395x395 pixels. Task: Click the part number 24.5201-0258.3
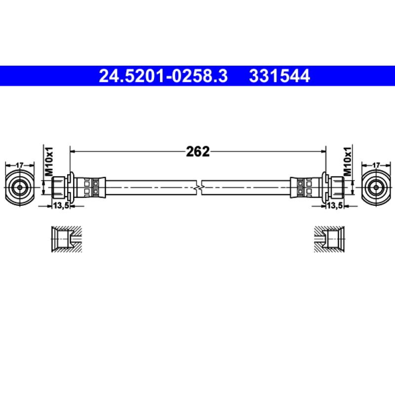[x=163, y=76]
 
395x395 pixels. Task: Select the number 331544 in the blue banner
[x=279, y=76]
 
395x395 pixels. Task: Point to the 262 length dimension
[x=198, y=152]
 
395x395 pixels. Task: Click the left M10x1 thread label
[x=48, y=161]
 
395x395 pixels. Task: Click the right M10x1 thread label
[x=347, y=161]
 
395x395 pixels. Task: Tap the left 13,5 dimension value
[x=60, y=206]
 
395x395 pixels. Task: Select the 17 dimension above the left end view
[x=19, y=165]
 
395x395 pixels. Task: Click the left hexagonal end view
[x=19, y=187]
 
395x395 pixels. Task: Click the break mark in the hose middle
[x=198, y=188]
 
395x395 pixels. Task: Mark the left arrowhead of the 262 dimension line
[x=73, y=152]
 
